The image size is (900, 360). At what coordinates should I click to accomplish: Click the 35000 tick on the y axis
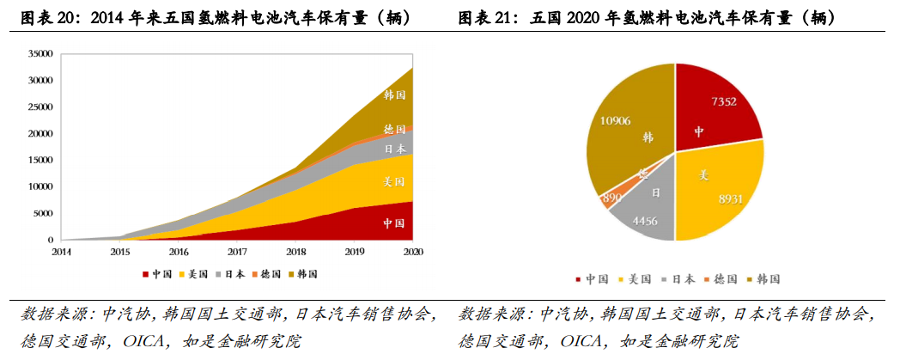pyautogui.click(x=40, y=53)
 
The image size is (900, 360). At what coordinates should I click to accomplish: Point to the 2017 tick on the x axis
pyautogui.click(x=238, y=252)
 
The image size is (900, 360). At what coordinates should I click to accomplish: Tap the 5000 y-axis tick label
pyautogui.click(x=43, y=213)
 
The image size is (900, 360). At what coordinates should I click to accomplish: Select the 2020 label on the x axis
pyautogui.click(x=413, y=252)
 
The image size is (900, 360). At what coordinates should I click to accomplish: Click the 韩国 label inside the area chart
pyautogui.click(x=394, y=95)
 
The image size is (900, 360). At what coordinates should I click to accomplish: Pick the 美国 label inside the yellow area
pyautogui.click(x=394, y=182)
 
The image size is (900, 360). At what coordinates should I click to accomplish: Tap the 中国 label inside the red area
pyautogui.click(x=394, y=223)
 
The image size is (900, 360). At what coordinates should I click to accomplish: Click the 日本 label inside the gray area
pyautogui.click(x=394, y=148)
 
